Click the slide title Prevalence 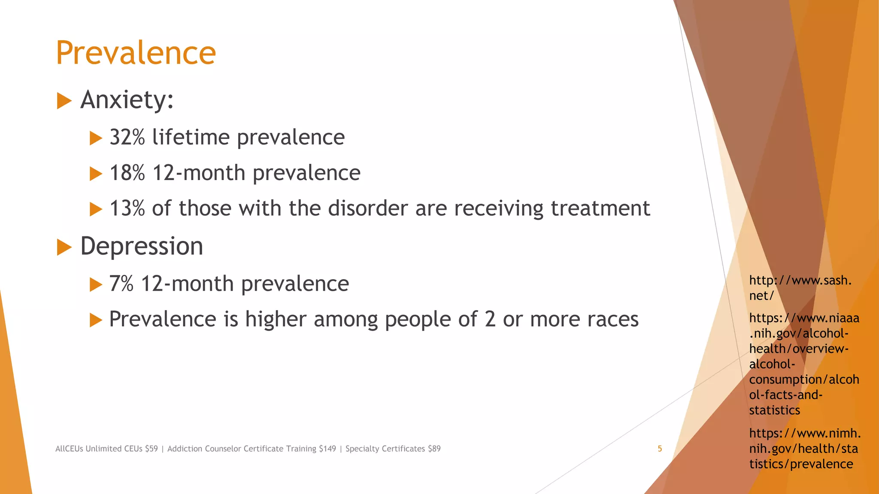pyautogui.click(x=136, y=53)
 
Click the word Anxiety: pyautogui.click(x=127, y=100)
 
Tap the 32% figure pyautogui.click(x=127, y=137)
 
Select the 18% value pyautogui.click(x=127, y=173)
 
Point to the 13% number pyautogui.click(x=127, y=208)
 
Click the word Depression pyautogui.click(x=142, y=246)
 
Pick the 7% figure pyautogui.click(x=121, y=284)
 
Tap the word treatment pyautogui.click(x=600, y=208)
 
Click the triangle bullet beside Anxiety pyautogui.click(x=64, y=101)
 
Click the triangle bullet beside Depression pyautogui.click(x=64, y=247)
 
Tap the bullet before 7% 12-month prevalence pyautogui.click(x=95, y=285)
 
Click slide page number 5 pyautogui.click(x=660, y=449)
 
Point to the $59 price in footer pyautogui.click(x=151, y=449)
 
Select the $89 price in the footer pyautogui.click(x=434, y=449)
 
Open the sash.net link pyautogui.click(x=800, y=288)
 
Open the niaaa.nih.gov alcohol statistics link pyautogui.click(x=803, y=364)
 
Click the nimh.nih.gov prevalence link pyautogui.click(x=804, y=449)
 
